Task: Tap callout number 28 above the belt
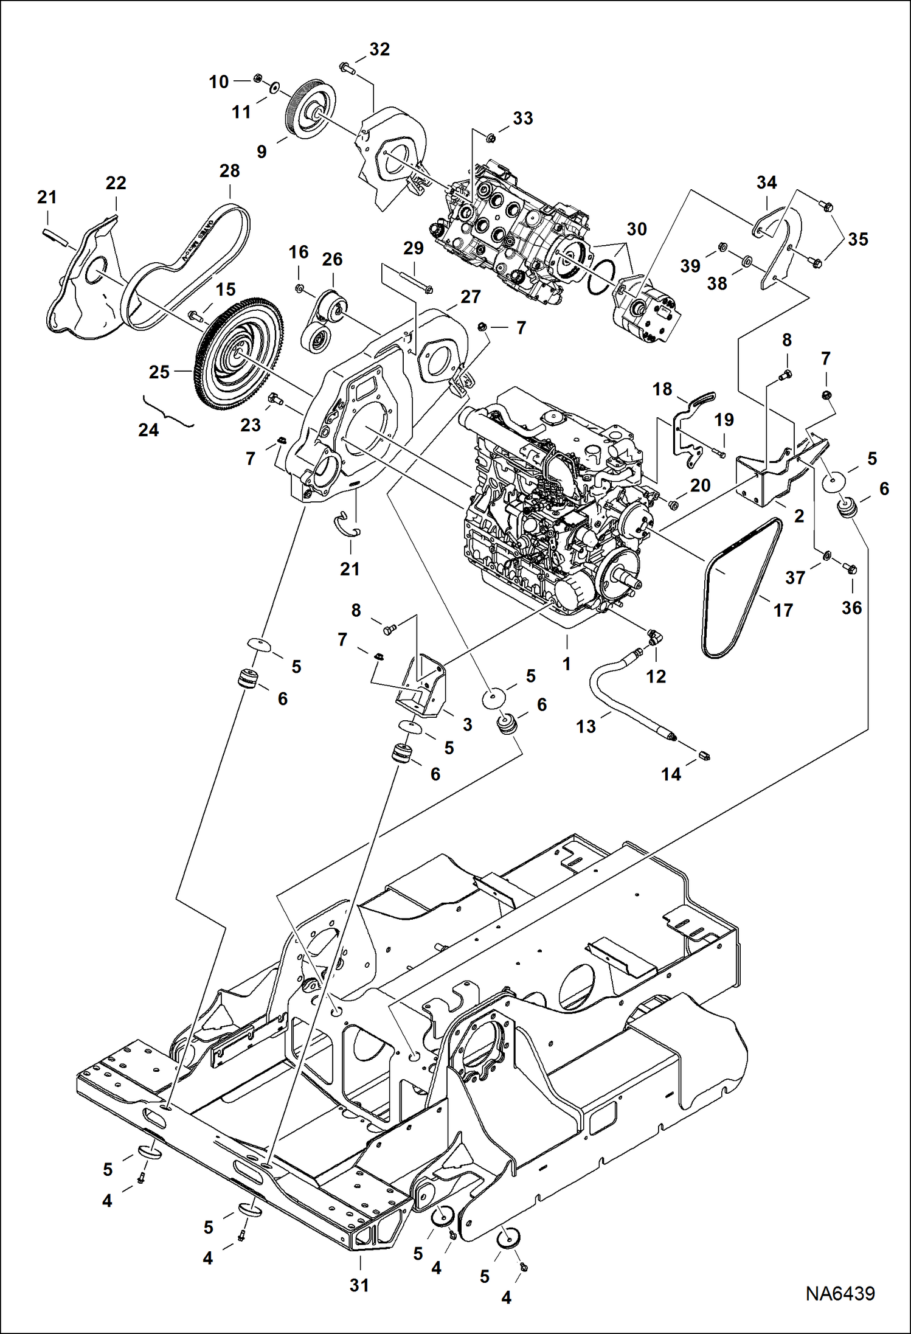coord(230,171)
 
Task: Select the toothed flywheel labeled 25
coord(240,353)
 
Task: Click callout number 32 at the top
coord(379,49)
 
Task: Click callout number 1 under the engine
coord(566,664)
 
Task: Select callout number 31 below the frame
coord(359,1285)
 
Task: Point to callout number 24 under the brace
coord(148,430)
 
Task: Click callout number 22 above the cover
coord(116,183)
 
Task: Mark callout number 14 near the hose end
coord(671,774)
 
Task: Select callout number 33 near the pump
coord(522,118)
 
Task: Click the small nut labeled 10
coord(257,78)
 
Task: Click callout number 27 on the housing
coord(470,297)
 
